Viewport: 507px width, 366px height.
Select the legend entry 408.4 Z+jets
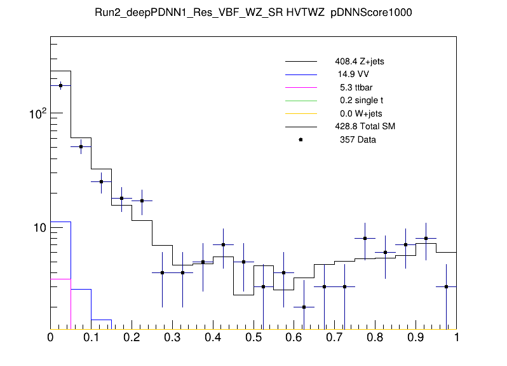(359, 62)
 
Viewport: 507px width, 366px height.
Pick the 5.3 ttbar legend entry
(356, 87)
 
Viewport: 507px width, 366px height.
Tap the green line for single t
(301, 101)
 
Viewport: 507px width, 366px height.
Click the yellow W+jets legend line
(301, 113)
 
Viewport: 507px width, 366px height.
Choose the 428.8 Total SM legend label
(365, 126)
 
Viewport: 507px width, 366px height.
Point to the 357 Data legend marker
(301, 139)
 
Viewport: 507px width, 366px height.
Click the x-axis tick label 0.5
(253, 338)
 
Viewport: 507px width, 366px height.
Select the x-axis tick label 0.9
(416, 338)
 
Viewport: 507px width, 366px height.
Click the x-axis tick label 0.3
(172, 338)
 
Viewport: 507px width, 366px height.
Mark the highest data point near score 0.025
(60, 85)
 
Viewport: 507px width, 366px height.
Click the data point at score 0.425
(223, 244)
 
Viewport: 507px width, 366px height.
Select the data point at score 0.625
(304, 307)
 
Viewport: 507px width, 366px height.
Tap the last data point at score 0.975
(447, 286)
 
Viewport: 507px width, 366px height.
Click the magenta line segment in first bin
(60, 279)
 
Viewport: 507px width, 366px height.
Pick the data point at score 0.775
(365, 238)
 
